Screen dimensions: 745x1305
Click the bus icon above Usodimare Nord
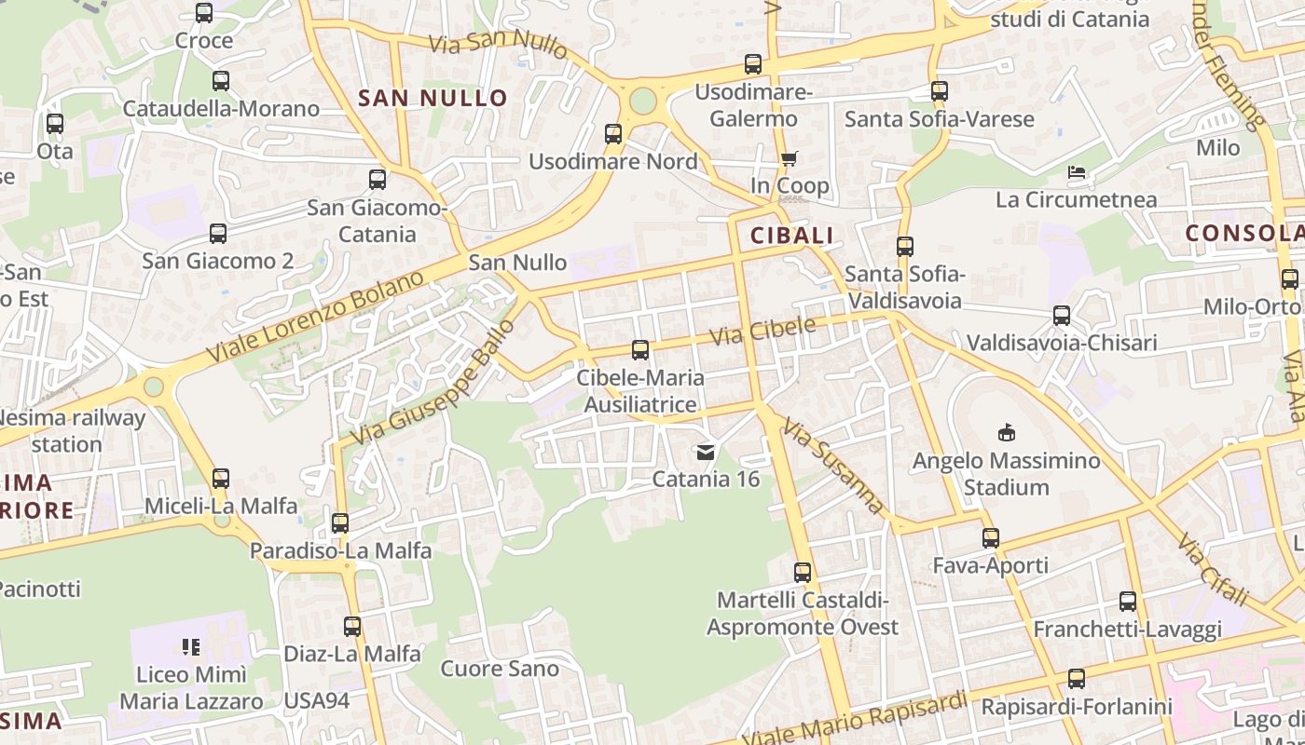coord(613,134)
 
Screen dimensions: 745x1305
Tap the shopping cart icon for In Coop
coord(789,159)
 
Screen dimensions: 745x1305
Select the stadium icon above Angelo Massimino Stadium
coord(1007,432)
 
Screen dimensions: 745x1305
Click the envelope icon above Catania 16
coord(706,453)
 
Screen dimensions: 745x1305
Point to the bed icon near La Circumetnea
coord(1077,172)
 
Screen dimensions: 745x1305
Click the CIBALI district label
coord(791,236)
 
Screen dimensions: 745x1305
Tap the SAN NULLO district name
coord(433,98)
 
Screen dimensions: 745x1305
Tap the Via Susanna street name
coord(832,466)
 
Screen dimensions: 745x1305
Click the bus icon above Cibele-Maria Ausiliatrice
coord(640,350)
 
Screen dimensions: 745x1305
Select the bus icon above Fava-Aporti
coord(990,538)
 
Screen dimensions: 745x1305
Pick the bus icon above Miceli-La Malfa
coord(221,479)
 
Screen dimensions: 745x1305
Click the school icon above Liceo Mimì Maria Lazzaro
coord(191,646)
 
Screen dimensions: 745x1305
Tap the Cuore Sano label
coord(500,669)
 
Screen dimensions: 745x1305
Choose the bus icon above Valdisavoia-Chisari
coord(1061,316)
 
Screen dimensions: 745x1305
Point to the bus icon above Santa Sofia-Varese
coord(940,91)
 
